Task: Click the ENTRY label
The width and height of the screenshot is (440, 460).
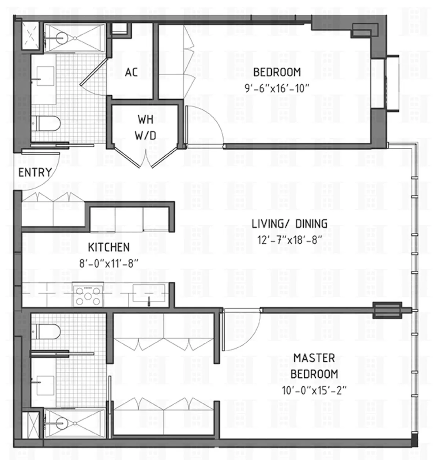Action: tap(35, 172)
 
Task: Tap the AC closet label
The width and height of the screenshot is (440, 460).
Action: tap(131, 72)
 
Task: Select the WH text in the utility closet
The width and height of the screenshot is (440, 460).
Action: tap(145, 119)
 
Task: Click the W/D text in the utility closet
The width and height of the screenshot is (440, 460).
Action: tap(145, 136)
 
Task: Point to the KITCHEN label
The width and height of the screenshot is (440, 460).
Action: tap(109, 247)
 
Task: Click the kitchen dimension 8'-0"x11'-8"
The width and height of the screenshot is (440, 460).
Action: tap(109, 263)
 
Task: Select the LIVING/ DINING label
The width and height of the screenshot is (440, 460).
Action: tap(289, 224)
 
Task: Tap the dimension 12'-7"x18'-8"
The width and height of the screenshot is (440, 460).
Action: tap(289, 240)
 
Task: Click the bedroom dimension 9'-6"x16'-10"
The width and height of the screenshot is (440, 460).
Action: tap(277, 88)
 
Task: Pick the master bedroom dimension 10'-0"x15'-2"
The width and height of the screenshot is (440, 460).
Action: tap(314, 390)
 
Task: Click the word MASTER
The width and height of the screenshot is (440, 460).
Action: tap(314, 358)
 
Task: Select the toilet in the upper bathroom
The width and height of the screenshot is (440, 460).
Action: tap(46, 124)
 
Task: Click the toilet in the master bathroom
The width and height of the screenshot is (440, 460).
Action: tap(46, 331)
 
